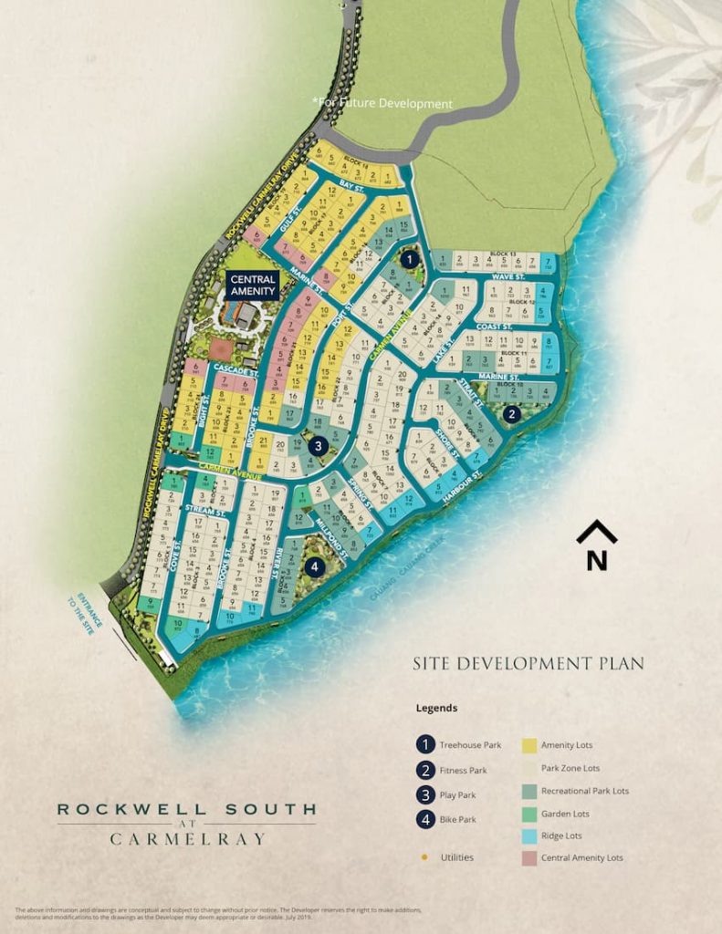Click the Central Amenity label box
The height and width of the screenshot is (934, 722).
point(253,285)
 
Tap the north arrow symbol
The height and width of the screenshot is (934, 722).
point(596,545)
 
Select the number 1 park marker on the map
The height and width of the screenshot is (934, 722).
point(411,260)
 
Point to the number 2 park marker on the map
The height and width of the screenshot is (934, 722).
point(512,414)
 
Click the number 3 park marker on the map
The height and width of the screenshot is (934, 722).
point(318,446)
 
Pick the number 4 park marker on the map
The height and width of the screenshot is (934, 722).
point(314,566)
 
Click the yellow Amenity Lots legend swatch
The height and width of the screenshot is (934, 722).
point(529,745)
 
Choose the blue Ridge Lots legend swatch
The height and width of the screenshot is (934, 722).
point(529,835)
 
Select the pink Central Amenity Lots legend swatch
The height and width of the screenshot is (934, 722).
point(529,857)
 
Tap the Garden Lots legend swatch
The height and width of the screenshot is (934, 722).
point(529,814)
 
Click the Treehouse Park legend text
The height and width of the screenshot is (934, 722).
point(470,745)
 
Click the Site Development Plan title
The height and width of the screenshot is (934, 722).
point(528,663)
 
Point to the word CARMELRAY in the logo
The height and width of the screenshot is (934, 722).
point(187,838)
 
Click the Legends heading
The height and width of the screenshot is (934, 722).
point(436,708)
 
